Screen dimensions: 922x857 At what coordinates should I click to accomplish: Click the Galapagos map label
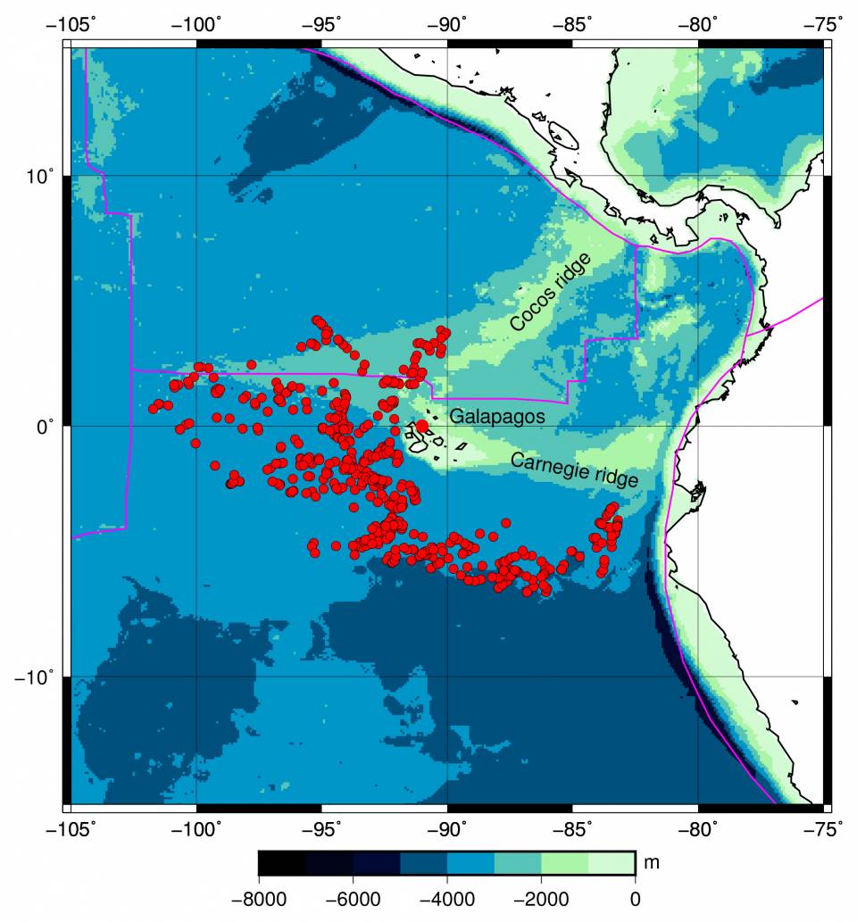click(x=496, y=417)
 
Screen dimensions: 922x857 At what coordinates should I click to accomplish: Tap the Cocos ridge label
click(x=550, y=293)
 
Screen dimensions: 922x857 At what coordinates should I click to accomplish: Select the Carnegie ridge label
click(x=574, y=469)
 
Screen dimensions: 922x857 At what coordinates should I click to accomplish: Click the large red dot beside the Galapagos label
click(x=422, y=426)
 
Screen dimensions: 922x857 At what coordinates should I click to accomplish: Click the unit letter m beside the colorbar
click(x=652, y=864)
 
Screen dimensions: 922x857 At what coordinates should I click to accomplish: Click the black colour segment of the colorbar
click(x=281, y=863)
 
